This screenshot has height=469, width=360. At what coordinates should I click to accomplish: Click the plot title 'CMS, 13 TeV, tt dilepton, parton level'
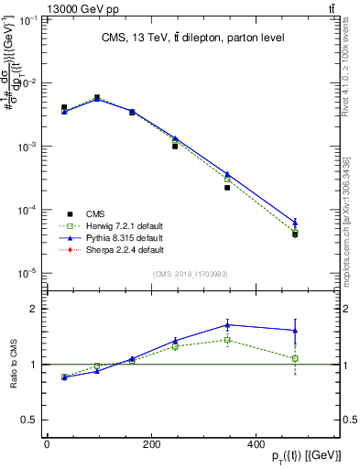(191, 38)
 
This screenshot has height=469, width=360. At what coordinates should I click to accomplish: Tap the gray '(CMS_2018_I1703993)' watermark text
(191, 273)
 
